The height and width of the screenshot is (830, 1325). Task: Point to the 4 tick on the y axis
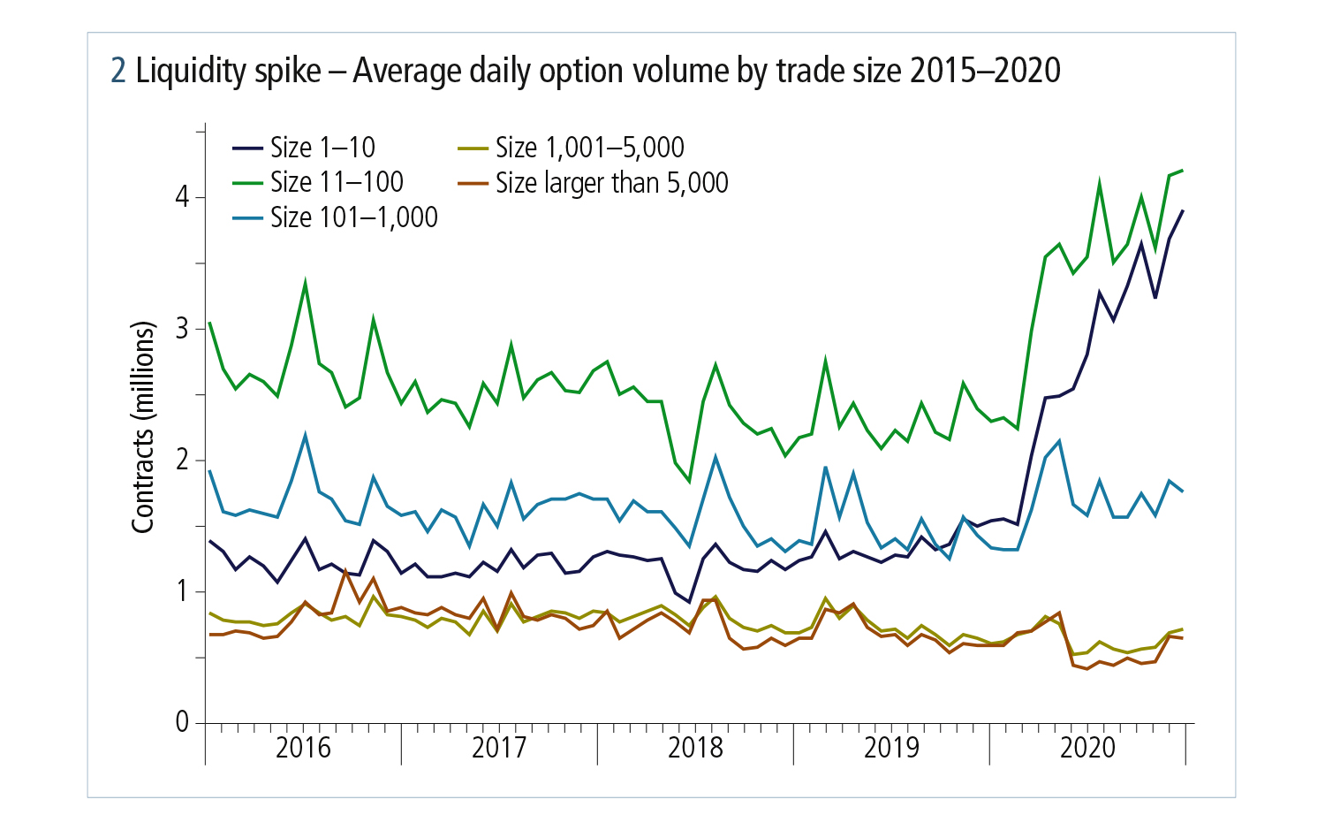[x=183, y=196]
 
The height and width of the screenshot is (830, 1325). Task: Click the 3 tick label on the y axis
[x=183, y=328]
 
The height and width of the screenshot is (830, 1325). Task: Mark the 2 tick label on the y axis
[x=183, y=460]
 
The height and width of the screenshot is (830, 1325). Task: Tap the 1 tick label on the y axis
[x=183, y=590]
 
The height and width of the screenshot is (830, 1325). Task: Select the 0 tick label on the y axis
[x=183, y=722]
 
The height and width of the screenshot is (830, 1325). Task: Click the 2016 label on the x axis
[x=303, y=748]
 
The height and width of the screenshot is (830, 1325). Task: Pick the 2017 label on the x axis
[x=499, y=748]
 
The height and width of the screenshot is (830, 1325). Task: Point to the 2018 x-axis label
[x=695, y=748]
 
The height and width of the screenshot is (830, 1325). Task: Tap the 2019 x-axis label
[x=891, y=748]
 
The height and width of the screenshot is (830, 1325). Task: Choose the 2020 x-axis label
[x=1087, y=748]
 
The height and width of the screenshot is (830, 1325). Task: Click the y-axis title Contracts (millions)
[x=143, y=427]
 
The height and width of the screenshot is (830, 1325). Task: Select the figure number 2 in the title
[x=118, y=71]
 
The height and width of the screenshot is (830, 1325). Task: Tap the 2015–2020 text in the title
[x=985, y=71]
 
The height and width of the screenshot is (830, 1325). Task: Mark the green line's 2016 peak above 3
[x=305, y=284]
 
